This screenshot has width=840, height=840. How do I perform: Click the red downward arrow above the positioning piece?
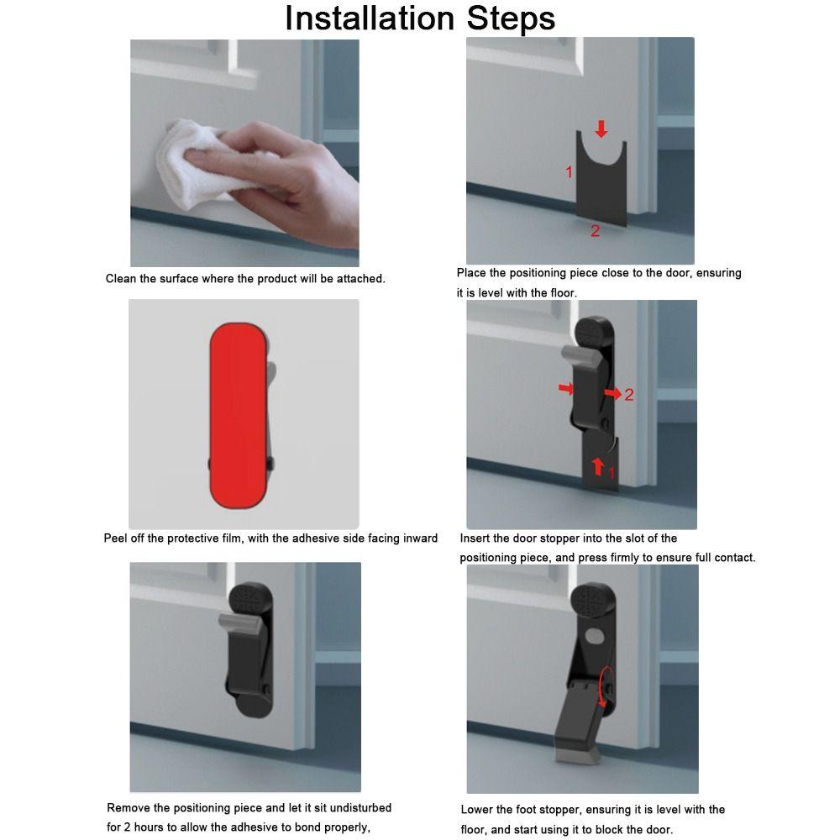pos(601,129)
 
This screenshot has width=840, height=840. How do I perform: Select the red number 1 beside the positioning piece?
pos(569,172)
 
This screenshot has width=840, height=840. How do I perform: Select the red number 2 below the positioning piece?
pos(595,231)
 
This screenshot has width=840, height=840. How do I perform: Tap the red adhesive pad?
pos(239,416)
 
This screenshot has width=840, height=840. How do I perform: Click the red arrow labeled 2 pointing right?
pos(612,393)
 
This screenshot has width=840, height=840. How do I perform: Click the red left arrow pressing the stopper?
pos(565,388)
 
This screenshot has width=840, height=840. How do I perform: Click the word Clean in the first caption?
pos(121,279)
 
